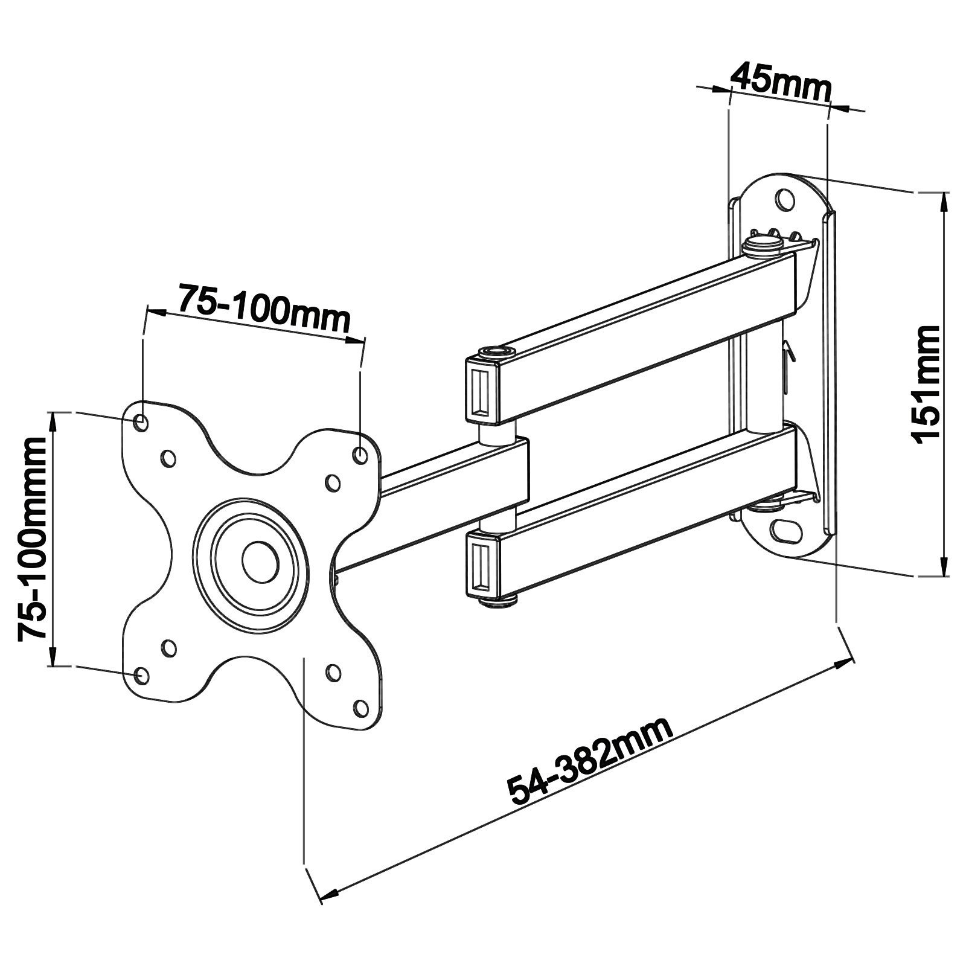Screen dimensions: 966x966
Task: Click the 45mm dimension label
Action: pyautogui.click(x=781, y=82)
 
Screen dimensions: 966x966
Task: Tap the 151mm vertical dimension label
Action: pyautogui.click(x=927, y=385)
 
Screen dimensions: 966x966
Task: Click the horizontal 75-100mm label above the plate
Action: pyautogui.click(x=264, y=309)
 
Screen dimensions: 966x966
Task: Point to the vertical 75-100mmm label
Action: pyautogui.click(x=32, y=539)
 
